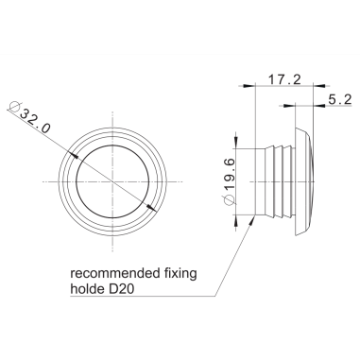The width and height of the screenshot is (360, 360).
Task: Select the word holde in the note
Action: coord(89,292)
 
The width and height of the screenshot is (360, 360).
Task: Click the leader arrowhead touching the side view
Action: coord(254,216)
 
